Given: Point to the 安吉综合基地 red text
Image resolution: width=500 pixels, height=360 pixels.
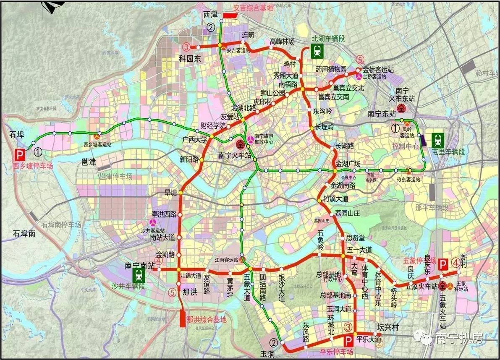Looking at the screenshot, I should [x=253, y=8].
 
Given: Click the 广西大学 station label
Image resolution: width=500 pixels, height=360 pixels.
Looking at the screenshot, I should [x=196, y=139].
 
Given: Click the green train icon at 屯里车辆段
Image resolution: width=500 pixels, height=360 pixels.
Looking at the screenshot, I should [x=438, y=139].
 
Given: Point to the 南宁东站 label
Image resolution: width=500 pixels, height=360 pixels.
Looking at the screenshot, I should [x=382, y=113].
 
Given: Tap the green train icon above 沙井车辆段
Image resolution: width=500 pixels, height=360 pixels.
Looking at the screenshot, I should [x=138, y=276].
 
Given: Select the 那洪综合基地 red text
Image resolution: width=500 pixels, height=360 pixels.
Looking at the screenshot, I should [x=206, y=319].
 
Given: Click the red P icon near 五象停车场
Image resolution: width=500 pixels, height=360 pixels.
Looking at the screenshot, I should [x=442, y=265].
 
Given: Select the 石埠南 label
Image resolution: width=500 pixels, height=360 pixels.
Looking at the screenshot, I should [x=24, y=234].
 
